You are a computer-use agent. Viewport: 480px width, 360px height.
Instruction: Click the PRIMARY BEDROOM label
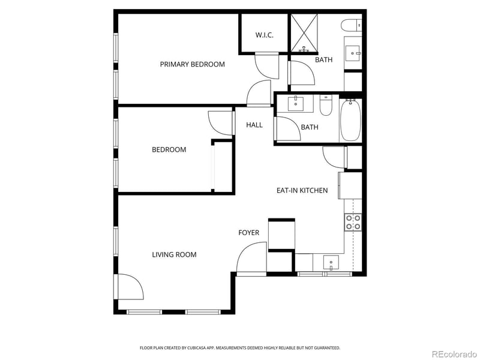coord(192,64)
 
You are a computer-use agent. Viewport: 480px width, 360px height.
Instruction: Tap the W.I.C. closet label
coord(264,35)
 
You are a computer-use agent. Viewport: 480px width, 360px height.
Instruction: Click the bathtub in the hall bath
coord(351,120)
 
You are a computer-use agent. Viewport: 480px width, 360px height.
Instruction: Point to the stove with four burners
coord(353,223)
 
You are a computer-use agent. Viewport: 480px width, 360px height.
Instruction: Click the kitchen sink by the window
coord(331,262)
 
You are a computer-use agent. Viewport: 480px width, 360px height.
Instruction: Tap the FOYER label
coord(248,233)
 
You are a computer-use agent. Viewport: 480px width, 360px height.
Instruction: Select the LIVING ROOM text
coord(174,254)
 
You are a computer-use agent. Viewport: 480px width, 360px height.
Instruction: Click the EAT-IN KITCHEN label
coord(302,190)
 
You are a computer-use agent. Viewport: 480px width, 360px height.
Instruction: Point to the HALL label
coord(254,125)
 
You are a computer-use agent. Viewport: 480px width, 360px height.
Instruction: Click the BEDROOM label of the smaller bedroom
coord(169,149)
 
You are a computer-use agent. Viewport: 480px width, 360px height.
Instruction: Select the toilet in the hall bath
coord(326,106)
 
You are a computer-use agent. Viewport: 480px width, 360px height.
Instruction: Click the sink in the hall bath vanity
coord(296,104)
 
